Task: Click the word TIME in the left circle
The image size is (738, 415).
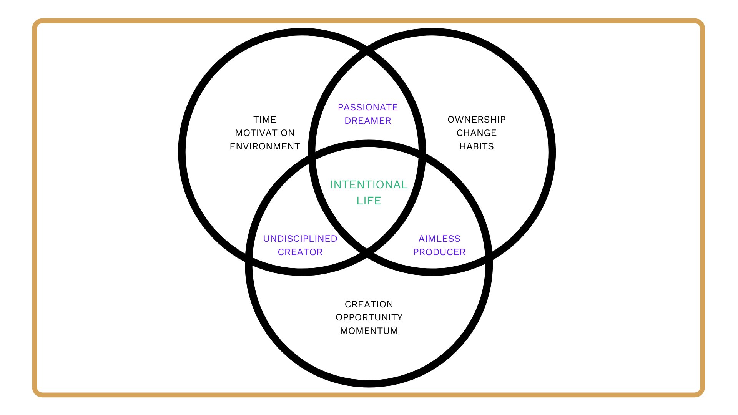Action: click(x=265, y=120)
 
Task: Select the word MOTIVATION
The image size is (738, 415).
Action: click(x=265, y=133)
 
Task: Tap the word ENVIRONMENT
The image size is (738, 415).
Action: click(x=265, y=146)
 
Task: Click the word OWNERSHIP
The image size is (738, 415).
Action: click(x=477, y=120)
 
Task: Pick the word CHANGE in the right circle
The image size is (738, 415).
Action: click(x=477, y=133)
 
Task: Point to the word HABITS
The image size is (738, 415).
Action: click(x=477, y=146)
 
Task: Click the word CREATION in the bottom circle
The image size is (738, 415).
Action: click(x=369, y=304)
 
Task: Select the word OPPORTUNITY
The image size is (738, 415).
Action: click(x=369, y=317)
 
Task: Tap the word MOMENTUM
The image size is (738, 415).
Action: click(x=369, y=331)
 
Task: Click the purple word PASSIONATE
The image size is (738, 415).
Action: click(x=368, y=107)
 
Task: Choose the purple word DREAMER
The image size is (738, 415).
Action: click(x=368, y=121)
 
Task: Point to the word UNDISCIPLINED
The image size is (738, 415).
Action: click(x=300, y=239)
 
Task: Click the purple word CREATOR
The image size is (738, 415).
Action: click(x=300, y=252)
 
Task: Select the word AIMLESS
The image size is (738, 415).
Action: click(x=439, y=239)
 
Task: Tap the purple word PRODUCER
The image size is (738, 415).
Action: click(x=439, y=252)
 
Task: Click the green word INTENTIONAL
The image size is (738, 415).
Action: click(x=369, y=185)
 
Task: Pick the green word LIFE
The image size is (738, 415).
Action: click(x=369, y=201)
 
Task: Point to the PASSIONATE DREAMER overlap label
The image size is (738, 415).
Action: click(x=368, y=114)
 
